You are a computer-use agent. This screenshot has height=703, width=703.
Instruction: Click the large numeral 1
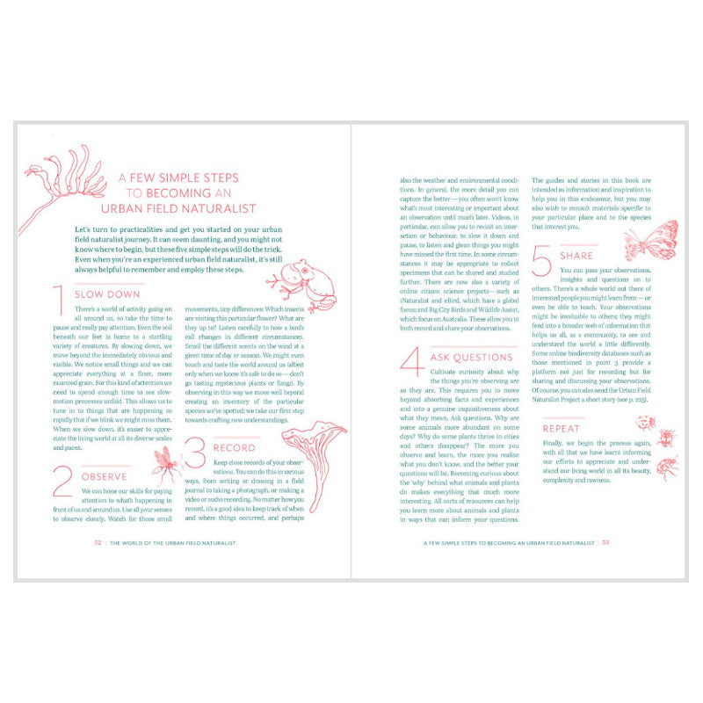(60, 301)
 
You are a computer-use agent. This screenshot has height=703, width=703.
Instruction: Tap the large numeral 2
(62, 482)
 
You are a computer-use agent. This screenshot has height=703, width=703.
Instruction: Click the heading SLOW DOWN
(107, 294)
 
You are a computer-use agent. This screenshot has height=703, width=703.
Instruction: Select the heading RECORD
(234, 447)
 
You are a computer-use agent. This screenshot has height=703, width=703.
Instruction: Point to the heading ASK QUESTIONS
(471, 358)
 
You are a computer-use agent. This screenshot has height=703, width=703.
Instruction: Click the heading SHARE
(576, 256)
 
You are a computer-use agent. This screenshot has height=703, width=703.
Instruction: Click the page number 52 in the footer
(98, 542)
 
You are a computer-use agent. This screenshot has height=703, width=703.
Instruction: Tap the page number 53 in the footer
(605, 542)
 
